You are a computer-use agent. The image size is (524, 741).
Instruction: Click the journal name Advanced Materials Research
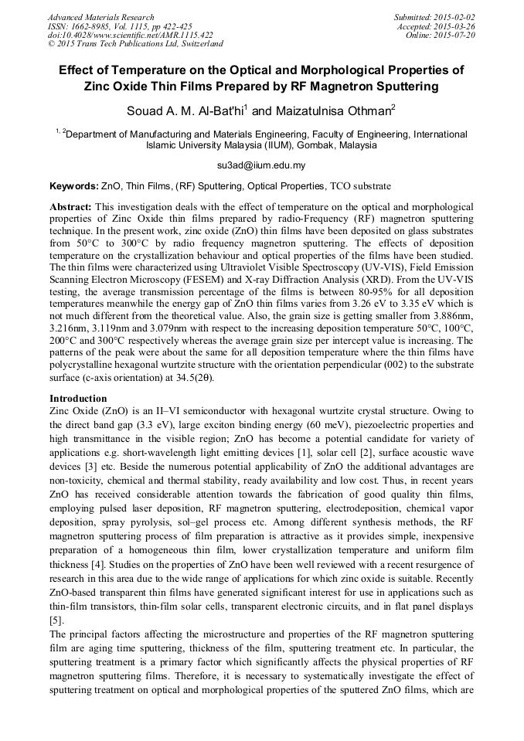pyautogui.click(x=100, y=17)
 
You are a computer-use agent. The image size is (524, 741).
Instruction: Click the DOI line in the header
pyautogui.click(x=130, y=34)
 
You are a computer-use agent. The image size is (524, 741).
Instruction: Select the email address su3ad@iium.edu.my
pyautogui.click(x=261, y=165)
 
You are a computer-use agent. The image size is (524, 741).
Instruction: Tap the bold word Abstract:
pyautogui.click(x=71, y=208)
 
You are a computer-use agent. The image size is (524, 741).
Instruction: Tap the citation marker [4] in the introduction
pyautogui.click(x=97, y=564)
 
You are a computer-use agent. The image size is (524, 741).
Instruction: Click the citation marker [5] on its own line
pyautogui.click(x=56, y=620)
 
